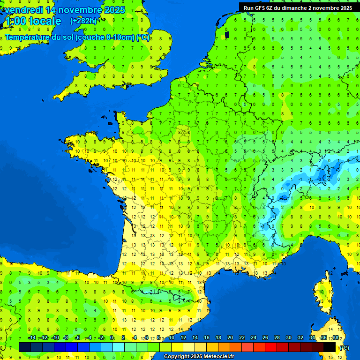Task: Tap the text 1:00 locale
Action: click(32, 21)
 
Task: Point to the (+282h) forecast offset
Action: click(83, 21)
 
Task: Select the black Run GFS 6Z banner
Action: click(299, 7)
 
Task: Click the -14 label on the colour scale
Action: click(32, 337)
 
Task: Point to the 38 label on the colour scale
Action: click(335, 337)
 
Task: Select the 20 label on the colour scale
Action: click(230, 337)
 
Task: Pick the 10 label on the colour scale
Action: click(172, 337)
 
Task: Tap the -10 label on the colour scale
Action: click(55, 337)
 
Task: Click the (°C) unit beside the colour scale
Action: click(345, 347)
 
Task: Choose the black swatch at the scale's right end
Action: click(330, 347)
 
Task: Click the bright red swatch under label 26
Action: click(271, 347)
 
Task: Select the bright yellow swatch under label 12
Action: click(177, 347)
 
